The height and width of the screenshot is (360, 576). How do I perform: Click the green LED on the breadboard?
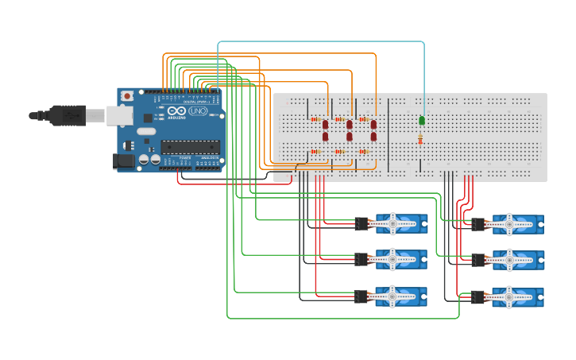pyautogui.click(x=422, y=121)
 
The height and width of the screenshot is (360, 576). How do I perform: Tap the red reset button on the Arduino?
pyautogui.click(x=127, y=96)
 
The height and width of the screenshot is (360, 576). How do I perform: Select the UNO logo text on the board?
pyautogui.click(x=198, y=111)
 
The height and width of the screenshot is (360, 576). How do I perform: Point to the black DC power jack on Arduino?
pyautogui.click(x=123, y=161)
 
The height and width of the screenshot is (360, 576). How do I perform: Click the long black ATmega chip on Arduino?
pyautogui.click(x=190, y=145)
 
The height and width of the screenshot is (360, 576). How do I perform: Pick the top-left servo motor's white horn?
pyautogui.click(x=393, y=224)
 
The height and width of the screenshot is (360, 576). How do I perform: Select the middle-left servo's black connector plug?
pyautogui.click(x=362, y=260)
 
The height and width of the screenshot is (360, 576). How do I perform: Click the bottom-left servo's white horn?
pyautogui.click(x=393, y=296)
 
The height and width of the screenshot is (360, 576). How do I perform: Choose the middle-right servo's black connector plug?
pyautogui.click(x=478, y=260)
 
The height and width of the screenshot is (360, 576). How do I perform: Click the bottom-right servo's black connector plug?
pyautogui.click(x=478, y=296)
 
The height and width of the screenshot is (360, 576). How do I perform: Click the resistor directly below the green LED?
pyautogui.click(x=420, y=140)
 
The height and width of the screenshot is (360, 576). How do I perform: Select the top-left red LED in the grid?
pyautogui.click(x=325, y=124)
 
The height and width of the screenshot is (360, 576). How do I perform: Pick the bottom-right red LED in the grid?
pyautogui.click(x=373, y=136)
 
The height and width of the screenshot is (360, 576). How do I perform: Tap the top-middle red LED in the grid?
pyautogui.click(x=350, y=124)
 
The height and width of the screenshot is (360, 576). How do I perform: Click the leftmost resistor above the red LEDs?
pyautogui.click(x=315, y=119)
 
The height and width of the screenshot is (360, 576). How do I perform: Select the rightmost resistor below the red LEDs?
pyautogui.click(x=363, y=151)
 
